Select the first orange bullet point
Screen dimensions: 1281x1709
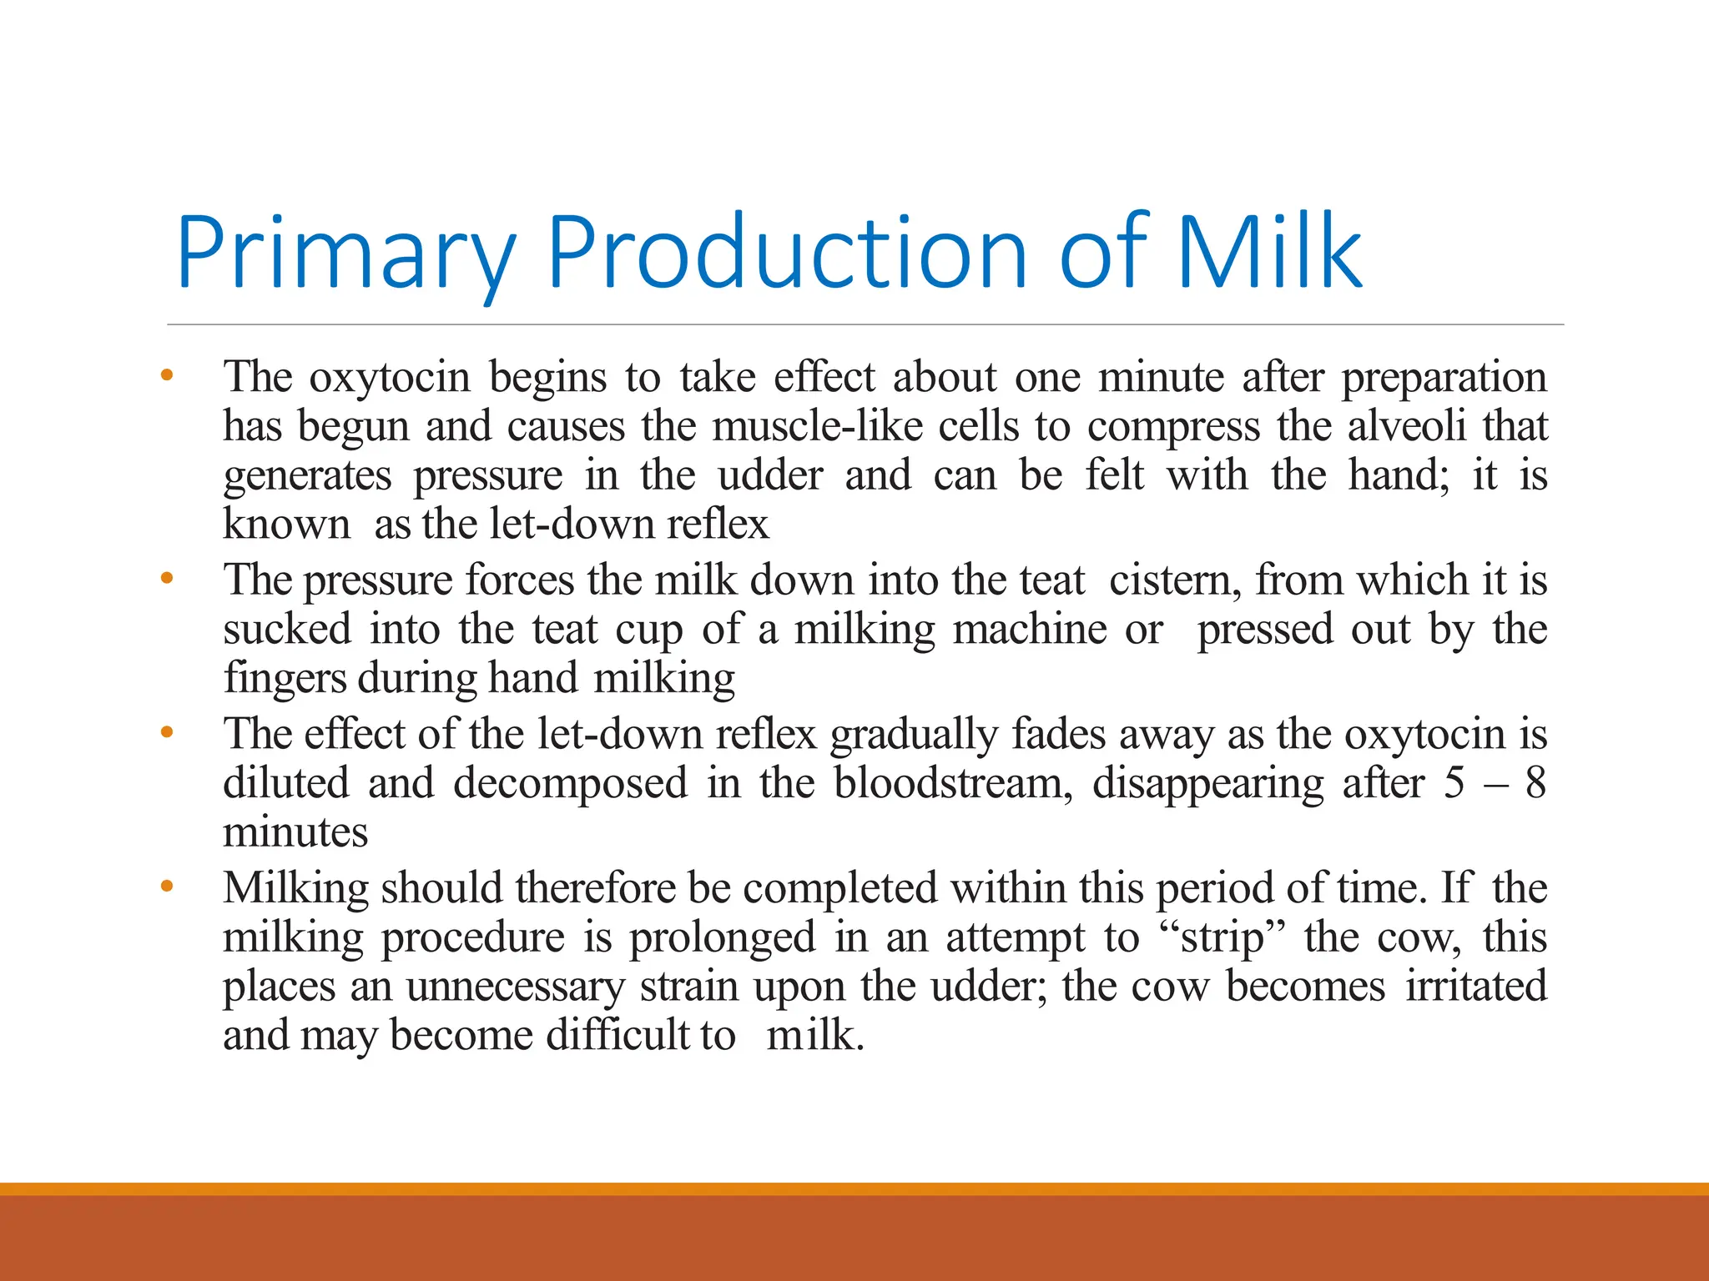(167, 376)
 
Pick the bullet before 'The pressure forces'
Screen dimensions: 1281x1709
(167, 578)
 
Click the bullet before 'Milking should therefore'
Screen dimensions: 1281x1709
(167, 887)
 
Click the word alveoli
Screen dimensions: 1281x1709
(1406, 426)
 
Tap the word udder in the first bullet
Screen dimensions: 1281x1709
(770, 475)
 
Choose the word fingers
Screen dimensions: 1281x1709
(285, 678)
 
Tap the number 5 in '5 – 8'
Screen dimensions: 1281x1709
(1454, 783)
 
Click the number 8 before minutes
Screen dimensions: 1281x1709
(1535, 783)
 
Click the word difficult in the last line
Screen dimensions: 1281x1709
(618, 1035)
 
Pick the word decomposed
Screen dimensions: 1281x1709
(570, 783)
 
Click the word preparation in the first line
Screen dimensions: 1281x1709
(1444, 378)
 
